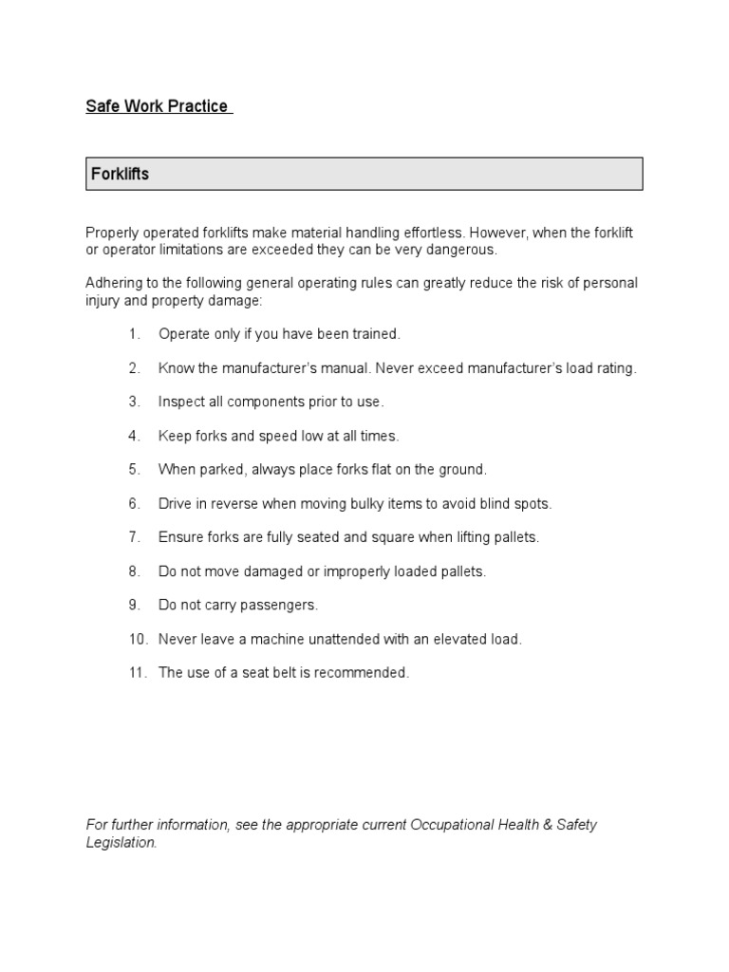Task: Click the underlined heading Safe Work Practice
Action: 158,106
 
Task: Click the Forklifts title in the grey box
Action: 120,175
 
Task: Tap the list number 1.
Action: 134,334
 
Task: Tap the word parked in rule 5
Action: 220,470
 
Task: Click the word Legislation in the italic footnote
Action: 121,843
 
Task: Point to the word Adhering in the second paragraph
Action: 113,284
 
